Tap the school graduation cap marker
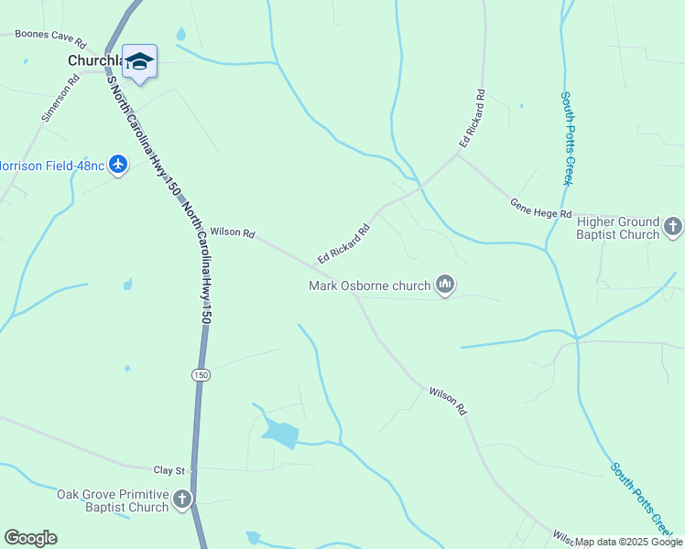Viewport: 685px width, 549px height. point(139,61)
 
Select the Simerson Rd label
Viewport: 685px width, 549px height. point(62,99)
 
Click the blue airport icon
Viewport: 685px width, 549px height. point(117,165)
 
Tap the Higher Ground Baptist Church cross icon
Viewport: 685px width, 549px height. point(673,226)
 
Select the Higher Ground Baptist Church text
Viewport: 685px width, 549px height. point(618,228)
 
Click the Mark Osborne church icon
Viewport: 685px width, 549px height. point(446,285)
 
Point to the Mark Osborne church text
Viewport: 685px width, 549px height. point(369,285)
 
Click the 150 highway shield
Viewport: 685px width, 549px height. point(201,374)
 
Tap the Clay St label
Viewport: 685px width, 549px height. point(169,469)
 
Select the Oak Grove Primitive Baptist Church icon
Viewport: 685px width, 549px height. point(182,500)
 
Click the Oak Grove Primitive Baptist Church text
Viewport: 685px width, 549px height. point(113,501)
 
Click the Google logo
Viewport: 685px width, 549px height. point(30,538)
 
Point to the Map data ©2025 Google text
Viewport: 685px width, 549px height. point(627,542)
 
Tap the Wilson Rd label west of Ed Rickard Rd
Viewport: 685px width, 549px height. point(232,233)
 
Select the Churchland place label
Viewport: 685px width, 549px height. point(96,60)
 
